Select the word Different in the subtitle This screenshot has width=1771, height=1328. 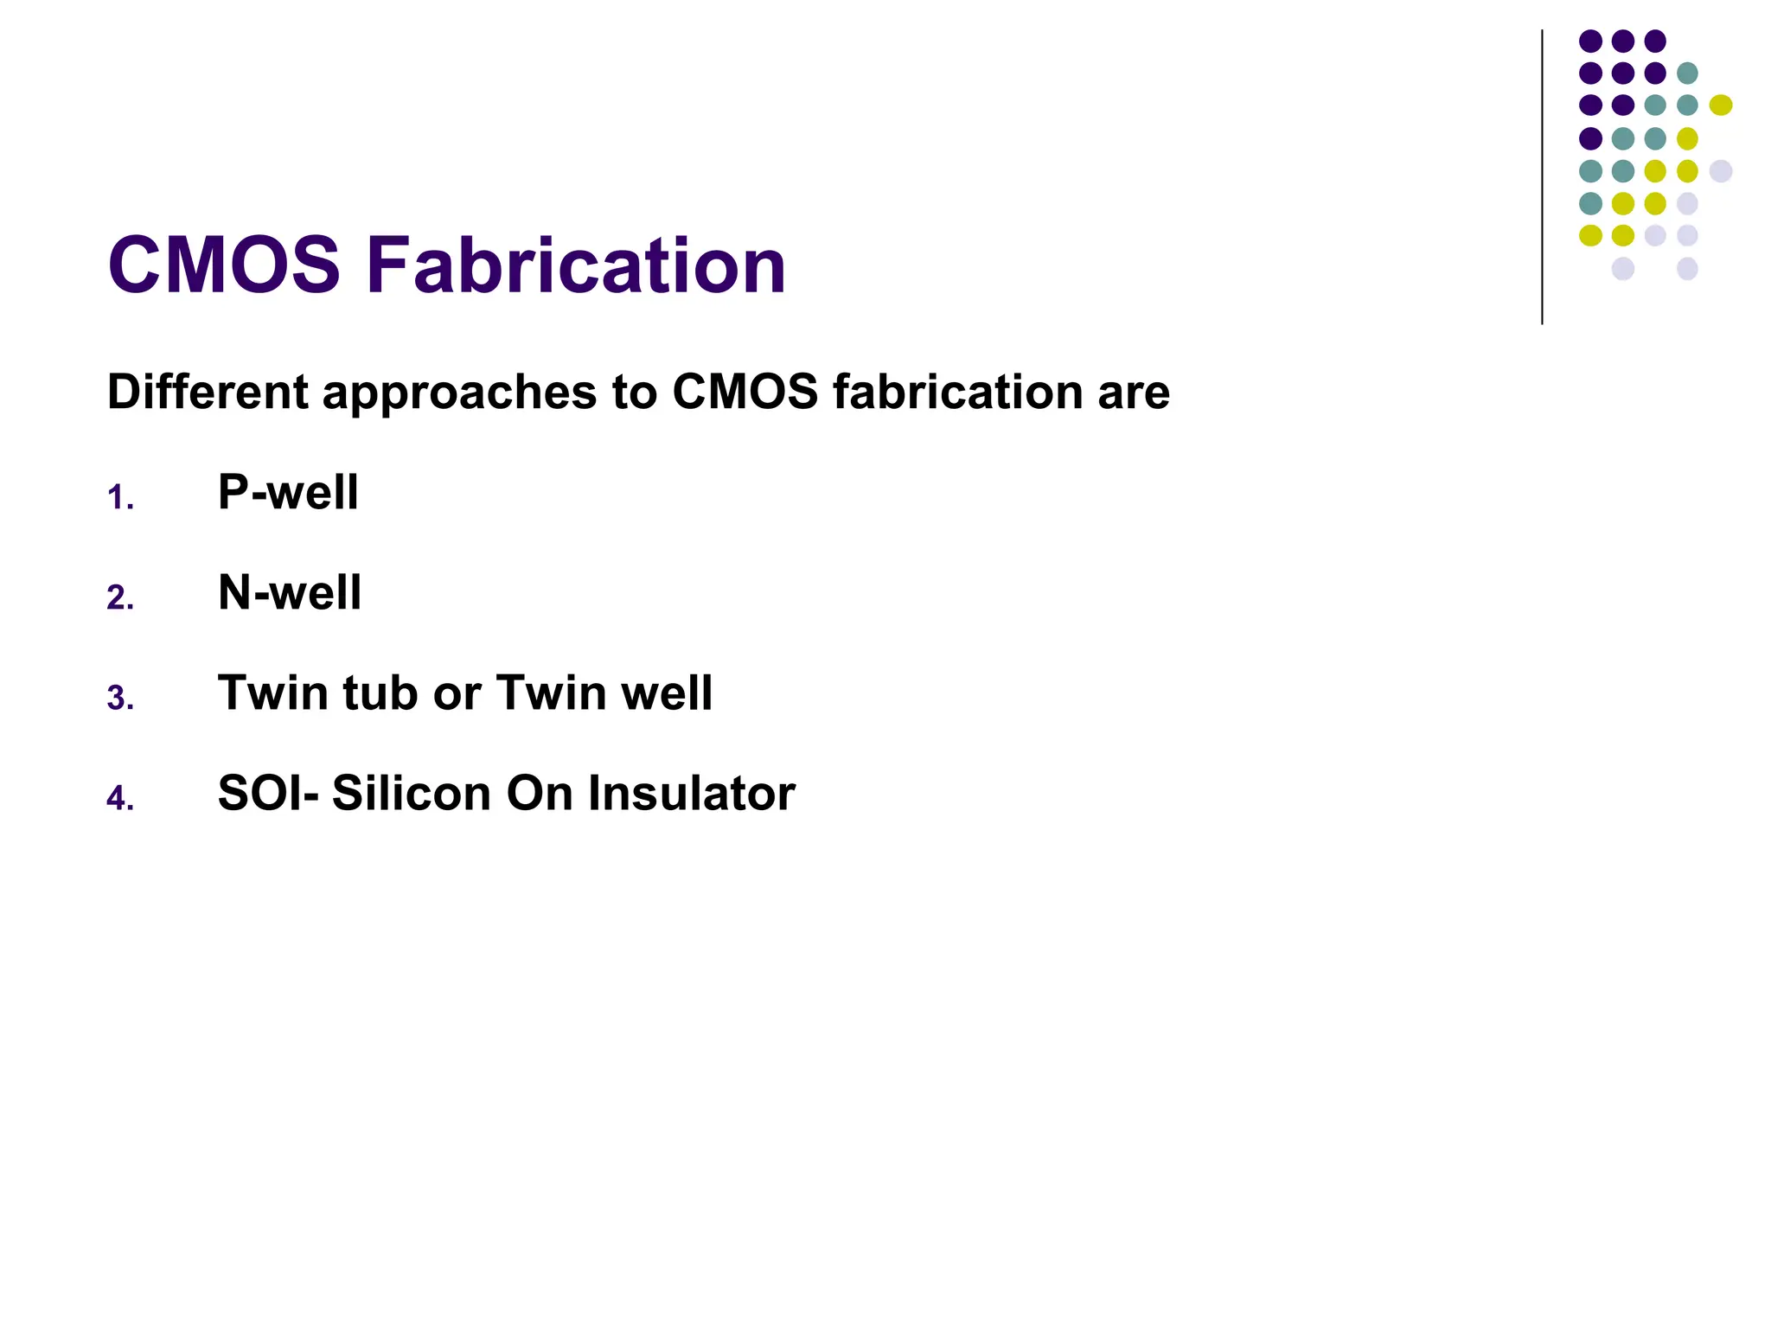(x=208, y=392)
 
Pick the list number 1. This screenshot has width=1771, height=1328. (x=119, y=499)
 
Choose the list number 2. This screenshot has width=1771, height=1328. (x=119, y=598)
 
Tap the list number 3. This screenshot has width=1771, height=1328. (x=119, y=699)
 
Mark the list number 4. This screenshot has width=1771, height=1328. (x=119, y=799)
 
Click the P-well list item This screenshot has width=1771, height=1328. (x=288, y=492)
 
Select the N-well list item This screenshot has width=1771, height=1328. (x=290, y=592)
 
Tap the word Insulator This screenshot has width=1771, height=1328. (x=691, y=793)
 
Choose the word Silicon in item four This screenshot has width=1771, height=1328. (x=412, y=793)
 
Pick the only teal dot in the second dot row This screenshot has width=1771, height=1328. (x=1687, y=73)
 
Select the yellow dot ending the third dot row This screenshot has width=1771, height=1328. (x=1721, y=105)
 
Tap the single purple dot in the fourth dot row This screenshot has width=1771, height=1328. (x=1590, y=138)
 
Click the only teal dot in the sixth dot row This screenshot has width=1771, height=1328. (x=1590, y=203)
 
